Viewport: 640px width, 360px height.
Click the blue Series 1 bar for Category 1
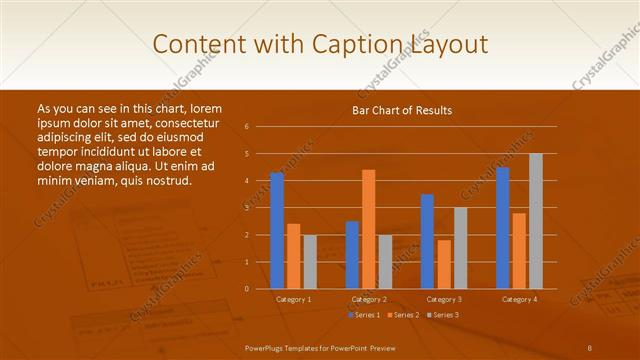(x=277, y=230)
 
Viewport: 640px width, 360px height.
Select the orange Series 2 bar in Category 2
(x=369, y=229)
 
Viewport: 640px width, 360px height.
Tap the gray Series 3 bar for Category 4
(x=536, y=221)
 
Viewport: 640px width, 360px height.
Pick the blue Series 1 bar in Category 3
(x=427, y=241)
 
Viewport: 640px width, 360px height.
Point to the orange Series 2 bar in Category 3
(x=444, y=264)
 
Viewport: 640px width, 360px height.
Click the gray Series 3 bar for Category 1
(x=310, y=261)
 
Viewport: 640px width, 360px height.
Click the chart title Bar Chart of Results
(x=402, y=110)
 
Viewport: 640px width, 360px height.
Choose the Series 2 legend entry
(x=402, y=315)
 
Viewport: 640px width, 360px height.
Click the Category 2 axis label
(x=369, y=299)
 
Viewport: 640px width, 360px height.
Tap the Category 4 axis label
(x=519, y=299)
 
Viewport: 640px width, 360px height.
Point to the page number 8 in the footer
(x=590, y=347)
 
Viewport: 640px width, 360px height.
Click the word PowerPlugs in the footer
(x=265, y=347)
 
